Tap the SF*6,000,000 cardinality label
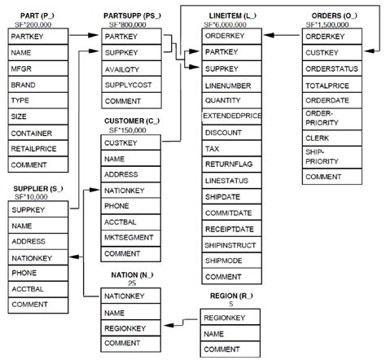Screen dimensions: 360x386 [x=228, y=25]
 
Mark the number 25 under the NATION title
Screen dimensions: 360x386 [x=131, y=283]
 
